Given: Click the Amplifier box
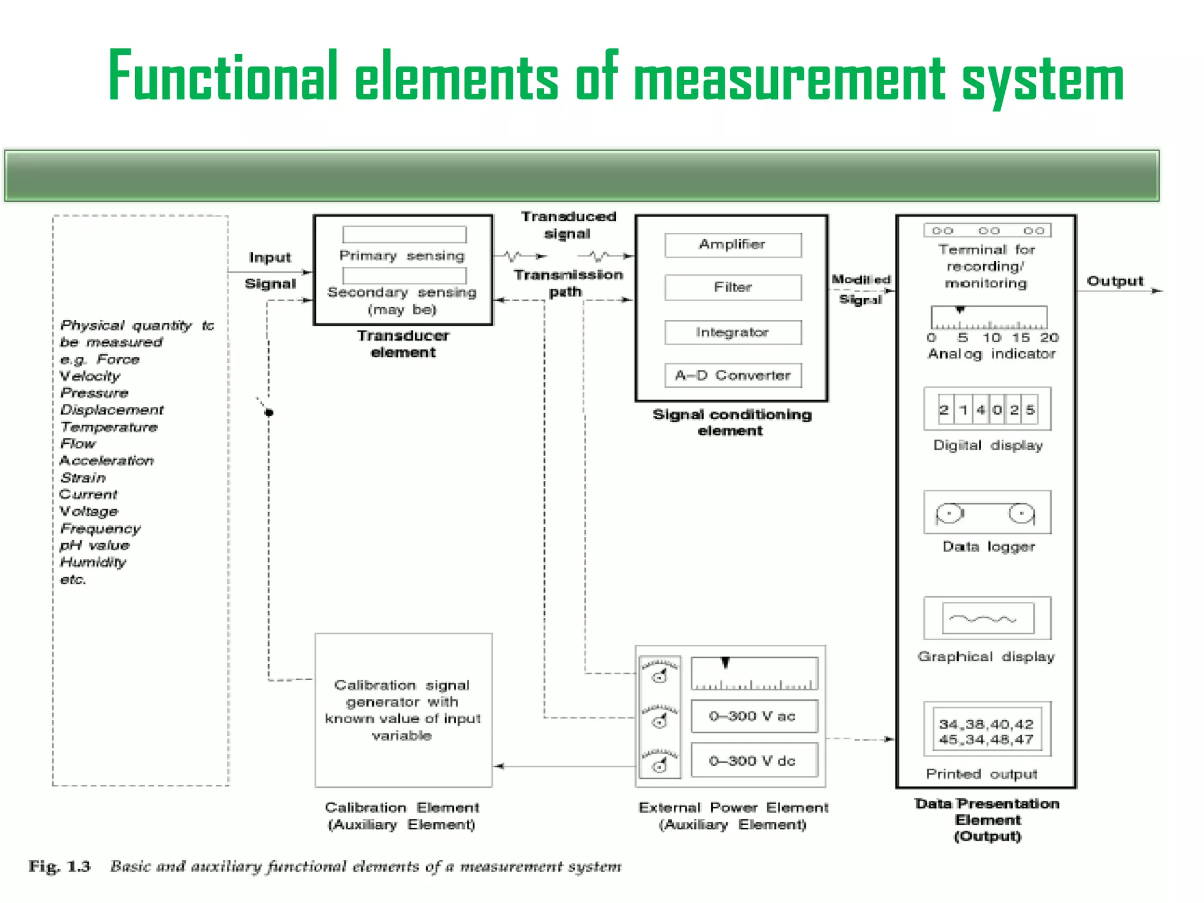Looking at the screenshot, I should pos(733,245).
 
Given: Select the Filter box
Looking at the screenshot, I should pos(733,287).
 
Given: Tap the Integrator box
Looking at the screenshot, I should pos(733,332).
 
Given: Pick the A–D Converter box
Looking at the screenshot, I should pos(733,375).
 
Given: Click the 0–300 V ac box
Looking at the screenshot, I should pos(754,716).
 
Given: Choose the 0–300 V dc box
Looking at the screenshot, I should pos(754,761).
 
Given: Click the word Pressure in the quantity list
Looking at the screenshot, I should pos(95,393).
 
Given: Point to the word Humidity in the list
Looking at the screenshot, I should pos(93,562).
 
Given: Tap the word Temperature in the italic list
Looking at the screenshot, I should pos(109,427).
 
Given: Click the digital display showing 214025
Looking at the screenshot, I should pos(987,410).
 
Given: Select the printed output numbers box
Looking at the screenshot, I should pos(986,731).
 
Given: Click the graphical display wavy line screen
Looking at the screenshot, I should pos(987,618).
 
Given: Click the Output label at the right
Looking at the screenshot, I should pos(1115,281).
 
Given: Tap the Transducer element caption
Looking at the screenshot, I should pos(403,344).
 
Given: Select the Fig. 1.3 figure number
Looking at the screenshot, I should pos(60,867).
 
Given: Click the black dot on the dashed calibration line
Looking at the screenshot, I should pos(269,413).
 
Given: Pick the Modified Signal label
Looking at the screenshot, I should pos(861,289).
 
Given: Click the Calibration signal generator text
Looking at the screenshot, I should pos(403,710).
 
